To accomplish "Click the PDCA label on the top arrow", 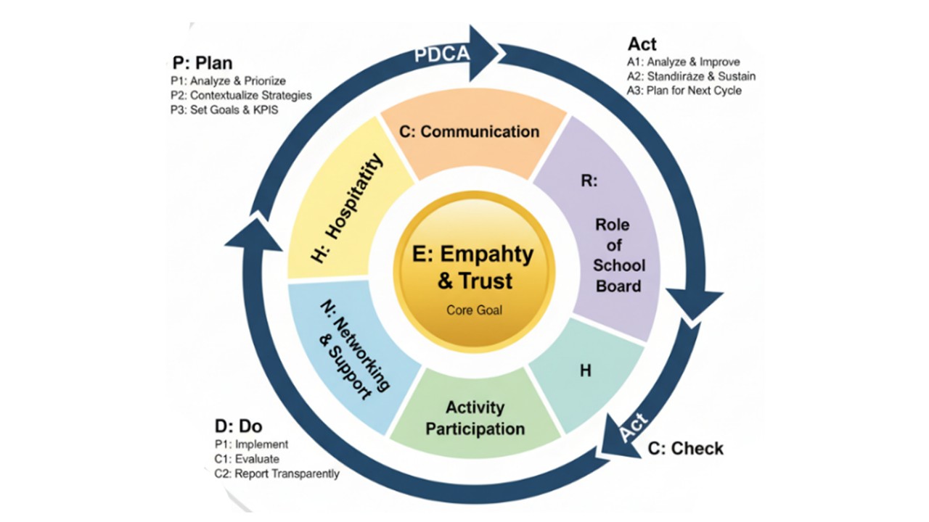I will pos(442,54).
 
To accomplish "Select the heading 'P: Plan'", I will pos(202,62).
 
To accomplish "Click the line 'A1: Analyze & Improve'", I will pos(683,62).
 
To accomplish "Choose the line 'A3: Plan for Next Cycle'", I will pos(684,91).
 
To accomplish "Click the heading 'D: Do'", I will pos(239,426).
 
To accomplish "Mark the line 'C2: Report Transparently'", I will pos(277,473).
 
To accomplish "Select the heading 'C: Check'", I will pos(685,449).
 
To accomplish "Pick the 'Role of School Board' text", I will pos(618,255).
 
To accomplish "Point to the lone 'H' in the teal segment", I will pos(585,370).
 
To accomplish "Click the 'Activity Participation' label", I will pos(475,418).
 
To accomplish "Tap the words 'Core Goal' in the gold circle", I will pos(473,310).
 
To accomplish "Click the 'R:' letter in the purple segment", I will pos(588,182).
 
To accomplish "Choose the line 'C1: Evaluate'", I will pos(247,459).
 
